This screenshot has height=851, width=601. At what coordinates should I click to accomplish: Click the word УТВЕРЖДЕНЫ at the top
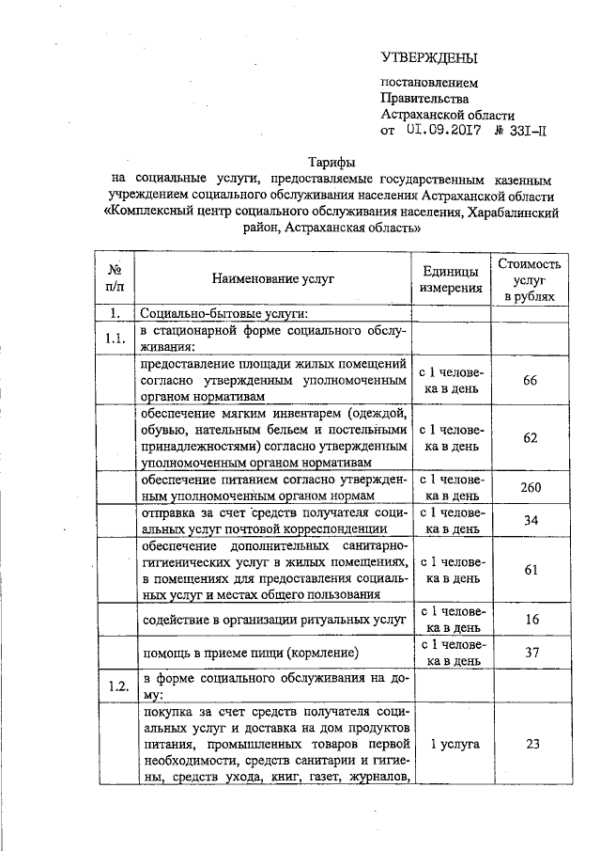point(429,58)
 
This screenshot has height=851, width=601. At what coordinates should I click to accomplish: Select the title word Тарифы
point(330,161)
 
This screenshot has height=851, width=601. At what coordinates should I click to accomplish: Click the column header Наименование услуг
point(272,279)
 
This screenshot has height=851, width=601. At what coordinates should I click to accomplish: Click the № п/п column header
point(116,279)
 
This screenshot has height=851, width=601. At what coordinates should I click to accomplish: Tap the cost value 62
point(531,437)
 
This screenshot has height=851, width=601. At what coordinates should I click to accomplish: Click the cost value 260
point(531,487)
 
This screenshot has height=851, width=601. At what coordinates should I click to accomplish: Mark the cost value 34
point(531,520)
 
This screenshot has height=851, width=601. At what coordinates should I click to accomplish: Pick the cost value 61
point(531,570)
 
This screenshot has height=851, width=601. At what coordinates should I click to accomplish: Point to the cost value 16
point(531,619)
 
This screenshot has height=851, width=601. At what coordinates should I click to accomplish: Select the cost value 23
point(531,743)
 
